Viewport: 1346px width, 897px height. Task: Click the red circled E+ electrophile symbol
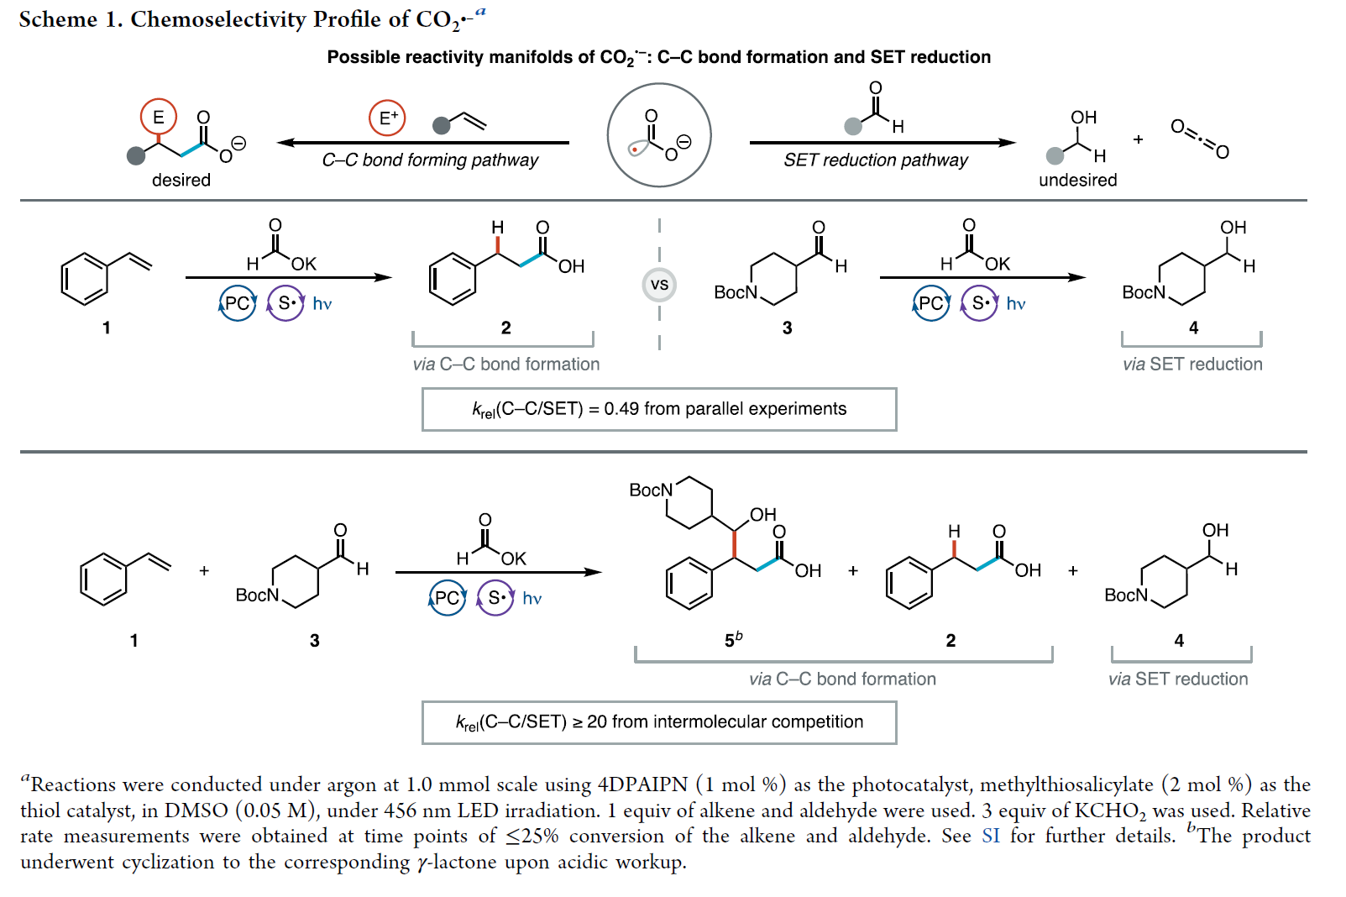pyautogui.click(x=387, y=118)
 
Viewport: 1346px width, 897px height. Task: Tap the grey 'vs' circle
pyautogui.click(x=659, y=285)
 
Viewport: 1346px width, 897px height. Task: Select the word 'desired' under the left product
pyautogui.click(x=181, y=180)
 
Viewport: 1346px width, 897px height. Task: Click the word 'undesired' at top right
pyautogui.click(x=1077, y=180)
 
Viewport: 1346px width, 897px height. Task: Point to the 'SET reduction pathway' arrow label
pyautogui.click(x=875, y=160)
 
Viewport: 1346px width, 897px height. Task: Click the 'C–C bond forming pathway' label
pyautogui.click(x=430, y=160)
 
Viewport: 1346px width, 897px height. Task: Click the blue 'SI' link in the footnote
pyautogui.click(x=990, y=836)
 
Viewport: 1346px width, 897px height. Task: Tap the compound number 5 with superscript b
pyautogui.click(x=732, y=640)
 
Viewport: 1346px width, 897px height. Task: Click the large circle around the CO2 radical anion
pyautogui.click(x=659, y=135)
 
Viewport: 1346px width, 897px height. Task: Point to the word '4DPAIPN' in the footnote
pyautogui.click(x=642, y=784)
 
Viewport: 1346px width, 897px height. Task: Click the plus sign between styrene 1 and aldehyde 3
pyautogui.click(x=204, y=571)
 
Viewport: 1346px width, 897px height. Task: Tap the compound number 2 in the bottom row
pyautogui.click(x=951, y=640)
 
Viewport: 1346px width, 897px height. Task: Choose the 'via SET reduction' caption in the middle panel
pyautogui.click(x=1192, y=365)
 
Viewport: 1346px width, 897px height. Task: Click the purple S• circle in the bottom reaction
pyautogui.click(x=495, y=598)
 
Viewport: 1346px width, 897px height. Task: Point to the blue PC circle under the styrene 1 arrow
pyautogui.click(x=238, y=303)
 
